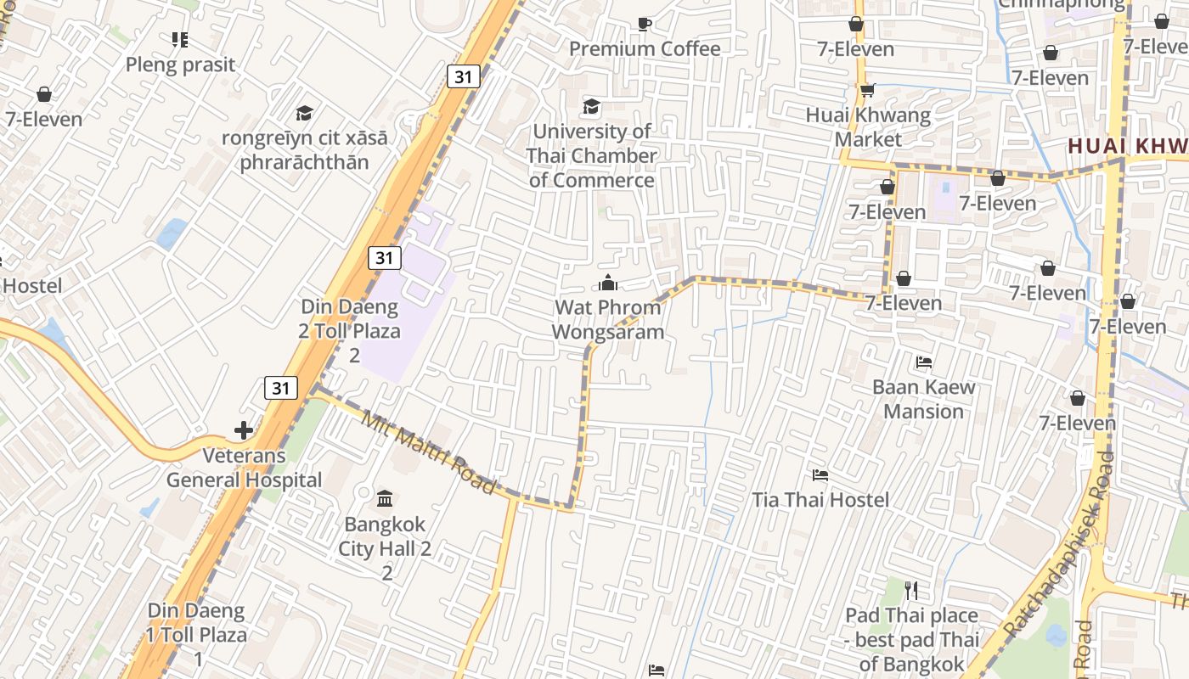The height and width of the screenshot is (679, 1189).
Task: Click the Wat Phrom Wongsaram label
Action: (x=607, y=320)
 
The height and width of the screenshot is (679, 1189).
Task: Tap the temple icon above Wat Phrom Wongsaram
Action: (x=607, y=283)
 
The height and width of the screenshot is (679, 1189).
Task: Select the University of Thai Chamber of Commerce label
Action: (x=591, y=155)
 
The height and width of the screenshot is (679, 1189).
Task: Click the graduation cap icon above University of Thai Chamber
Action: (x=591, y=107)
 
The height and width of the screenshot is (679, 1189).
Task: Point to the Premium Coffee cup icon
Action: (x=644, y=25)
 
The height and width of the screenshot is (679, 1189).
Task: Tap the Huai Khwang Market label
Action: (x=868, y=126)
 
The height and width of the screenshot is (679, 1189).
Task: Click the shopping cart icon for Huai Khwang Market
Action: (x=866, y=90)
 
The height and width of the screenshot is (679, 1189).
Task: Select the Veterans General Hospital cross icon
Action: (x=244, y=430)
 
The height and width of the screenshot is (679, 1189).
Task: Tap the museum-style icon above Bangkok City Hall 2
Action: (x=384, y=497)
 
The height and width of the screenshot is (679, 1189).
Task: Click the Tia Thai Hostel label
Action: (x=820, y=500)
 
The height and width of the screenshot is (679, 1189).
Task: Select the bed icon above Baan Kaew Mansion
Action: (x=924, y=362)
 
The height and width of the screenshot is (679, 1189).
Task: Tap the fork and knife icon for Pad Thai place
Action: (x=911, y=590)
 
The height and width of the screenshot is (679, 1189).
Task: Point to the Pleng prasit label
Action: (x=180, y=65)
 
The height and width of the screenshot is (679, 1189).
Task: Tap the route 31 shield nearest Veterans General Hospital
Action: (x=281, y=389)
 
